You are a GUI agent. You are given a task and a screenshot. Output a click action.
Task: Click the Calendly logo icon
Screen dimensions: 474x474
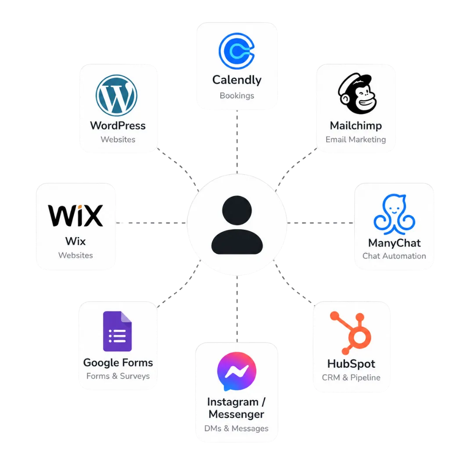[x=237, y=51]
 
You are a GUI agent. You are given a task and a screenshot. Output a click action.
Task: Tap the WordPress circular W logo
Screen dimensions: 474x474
[x=116, y=95]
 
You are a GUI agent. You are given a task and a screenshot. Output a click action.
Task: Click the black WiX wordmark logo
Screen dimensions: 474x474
[x=75, y=215]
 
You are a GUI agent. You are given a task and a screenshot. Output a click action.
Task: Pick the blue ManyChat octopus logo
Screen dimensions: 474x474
[x=394, y=214]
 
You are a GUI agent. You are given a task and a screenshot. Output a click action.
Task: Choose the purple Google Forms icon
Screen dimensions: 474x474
[x=117, y=331]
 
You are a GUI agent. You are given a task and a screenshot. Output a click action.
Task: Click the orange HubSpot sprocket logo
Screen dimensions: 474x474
[x=351, y=333]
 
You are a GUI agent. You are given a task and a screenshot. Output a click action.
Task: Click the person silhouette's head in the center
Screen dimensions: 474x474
[x=237, y=210]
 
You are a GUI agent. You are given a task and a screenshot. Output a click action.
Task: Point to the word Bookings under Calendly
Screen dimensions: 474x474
[x=237, y=96]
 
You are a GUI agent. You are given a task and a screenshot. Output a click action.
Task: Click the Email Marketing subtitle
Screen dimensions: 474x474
[x=355, y=140]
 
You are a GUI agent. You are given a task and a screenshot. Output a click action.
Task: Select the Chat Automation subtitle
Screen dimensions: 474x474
[x=394, y=256]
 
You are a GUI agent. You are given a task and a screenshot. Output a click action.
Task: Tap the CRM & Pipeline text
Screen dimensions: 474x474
[x=351, y=377]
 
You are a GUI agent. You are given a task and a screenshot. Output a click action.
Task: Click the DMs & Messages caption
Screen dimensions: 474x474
[x=237, y=428]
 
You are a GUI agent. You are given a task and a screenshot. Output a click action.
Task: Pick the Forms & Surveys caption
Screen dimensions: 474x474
[x=118, y=376]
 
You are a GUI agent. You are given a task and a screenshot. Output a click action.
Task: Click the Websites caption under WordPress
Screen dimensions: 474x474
[x=118, y=140]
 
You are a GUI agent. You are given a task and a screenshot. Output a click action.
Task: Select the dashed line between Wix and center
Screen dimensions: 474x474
[x=151, y=223]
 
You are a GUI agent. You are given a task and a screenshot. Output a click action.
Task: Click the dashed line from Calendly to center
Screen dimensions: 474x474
[x=237, y=142]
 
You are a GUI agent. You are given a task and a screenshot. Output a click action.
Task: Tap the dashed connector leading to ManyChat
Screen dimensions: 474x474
[x=320, y=223]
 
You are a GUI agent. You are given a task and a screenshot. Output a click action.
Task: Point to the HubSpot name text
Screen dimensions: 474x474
[x=351, y=364]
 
